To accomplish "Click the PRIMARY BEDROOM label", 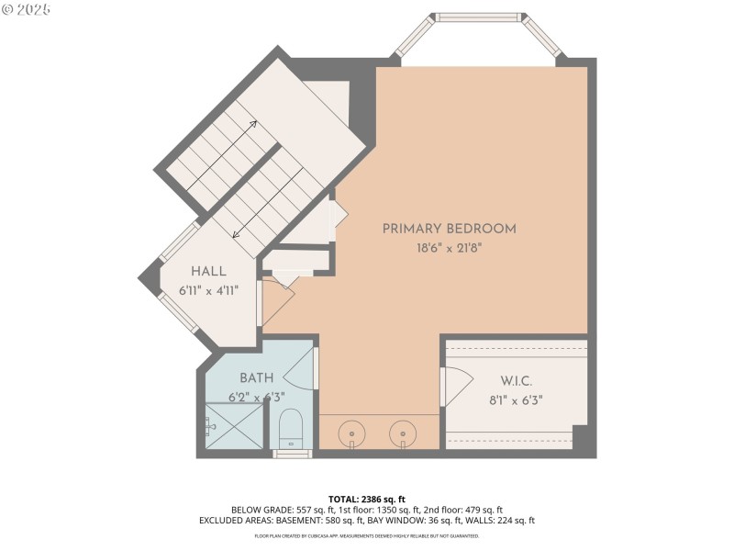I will (449, 229).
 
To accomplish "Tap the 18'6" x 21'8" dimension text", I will (449, 247).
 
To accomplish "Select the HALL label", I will (208, 272).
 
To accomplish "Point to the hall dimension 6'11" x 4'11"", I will (208, 291).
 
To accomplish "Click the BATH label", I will (256, 378).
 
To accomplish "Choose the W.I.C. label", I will (517, 380).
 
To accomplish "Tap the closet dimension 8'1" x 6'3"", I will (517, 399).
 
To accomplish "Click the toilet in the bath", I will (292, 428).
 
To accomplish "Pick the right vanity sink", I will (401, 431).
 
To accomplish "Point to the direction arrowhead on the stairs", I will (236, 235).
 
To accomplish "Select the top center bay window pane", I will (477, 17).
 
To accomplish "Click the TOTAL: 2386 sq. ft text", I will (366, 499).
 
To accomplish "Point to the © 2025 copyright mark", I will (27, 9).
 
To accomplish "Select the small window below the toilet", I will (293, 453).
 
